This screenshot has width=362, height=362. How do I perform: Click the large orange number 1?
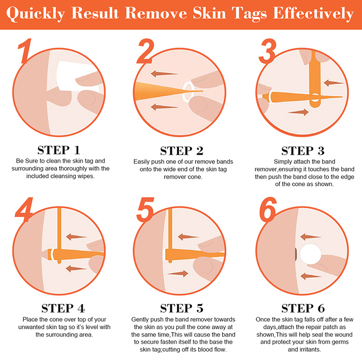pyautogui.click(x=25, y=51)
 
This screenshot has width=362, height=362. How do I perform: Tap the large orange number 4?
pyautogui.click(x=24, y=210)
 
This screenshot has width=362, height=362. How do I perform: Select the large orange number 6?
pyautogui.click(x=268, y=210)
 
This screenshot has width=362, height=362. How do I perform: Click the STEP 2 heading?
pyautogui.click(x=182, y=151)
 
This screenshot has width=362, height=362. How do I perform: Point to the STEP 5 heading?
pyautogui.click(x=182, y=309)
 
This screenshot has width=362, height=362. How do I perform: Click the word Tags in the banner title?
pyautogui.click(x=249, y=14)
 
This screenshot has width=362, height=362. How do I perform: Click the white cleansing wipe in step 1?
pyautogui.click(x=76, y=76)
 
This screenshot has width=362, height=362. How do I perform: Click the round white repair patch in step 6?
pyautogui.click(x=310, y=254)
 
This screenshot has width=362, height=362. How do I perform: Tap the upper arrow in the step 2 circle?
pyautogui.click(x=164, y=74)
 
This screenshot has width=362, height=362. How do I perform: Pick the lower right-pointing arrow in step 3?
pyautogui.click(x=298, y=112)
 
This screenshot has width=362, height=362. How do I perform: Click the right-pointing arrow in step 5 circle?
pyautogui.click(x=178, y=274)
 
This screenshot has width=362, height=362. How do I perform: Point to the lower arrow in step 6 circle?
pyautogui.click(x=311, y=276)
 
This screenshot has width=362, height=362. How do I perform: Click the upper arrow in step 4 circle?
pyautogui.click(x=76, y=237)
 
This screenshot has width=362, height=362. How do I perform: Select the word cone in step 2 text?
pyautogui.click(x=196, y=177)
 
